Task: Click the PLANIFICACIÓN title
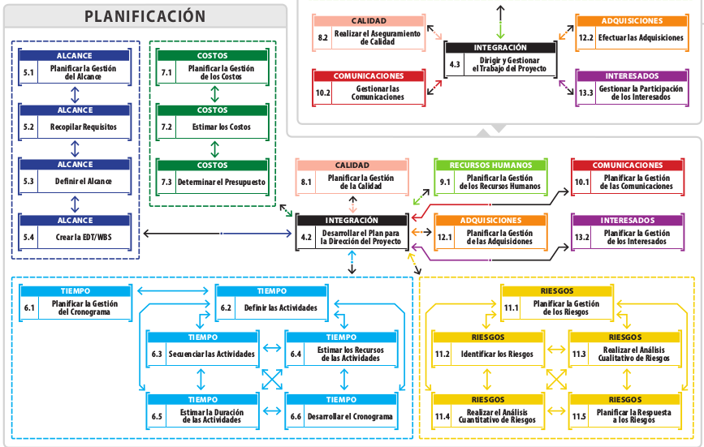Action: [x=145, y=16]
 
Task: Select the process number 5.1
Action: [x=29, y=72]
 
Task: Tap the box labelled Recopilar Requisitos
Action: [x=83, y=127]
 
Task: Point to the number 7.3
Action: [x=166, y=182]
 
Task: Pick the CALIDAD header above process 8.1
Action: [x=352, y=165]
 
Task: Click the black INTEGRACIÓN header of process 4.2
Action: [x=351, y=220]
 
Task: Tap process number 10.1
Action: [x=581, y=182]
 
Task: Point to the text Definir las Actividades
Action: [x=280, y=307]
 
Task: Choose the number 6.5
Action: [x=157, y=416]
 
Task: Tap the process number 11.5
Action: [x=578, y=416]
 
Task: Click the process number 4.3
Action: [x=455, y=64]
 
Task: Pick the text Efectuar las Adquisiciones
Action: [x=634, y=37]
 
